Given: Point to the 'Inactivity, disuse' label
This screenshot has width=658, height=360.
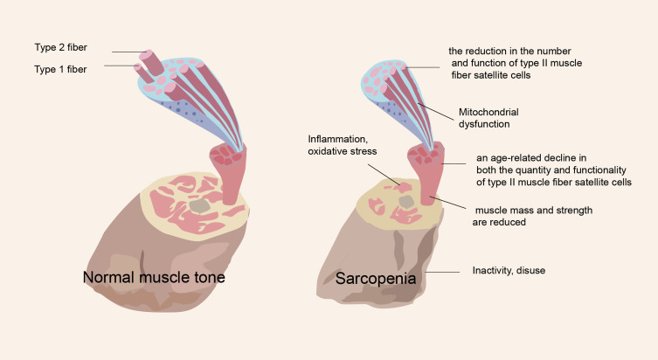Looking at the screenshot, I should click(x=509, y=270).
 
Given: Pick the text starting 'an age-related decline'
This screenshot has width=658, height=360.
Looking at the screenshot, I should click(x=552, y=170).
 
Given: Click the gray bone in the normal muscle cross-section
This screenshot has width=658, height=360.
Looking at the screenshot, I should click(x=200, y=204).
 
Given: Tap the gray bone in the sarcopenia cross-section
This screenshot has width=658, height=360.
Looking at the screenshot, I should click(x=405, y=202).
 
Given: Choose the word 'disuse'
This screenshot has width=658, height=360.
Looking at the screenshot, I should click(x=530, y=270).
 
